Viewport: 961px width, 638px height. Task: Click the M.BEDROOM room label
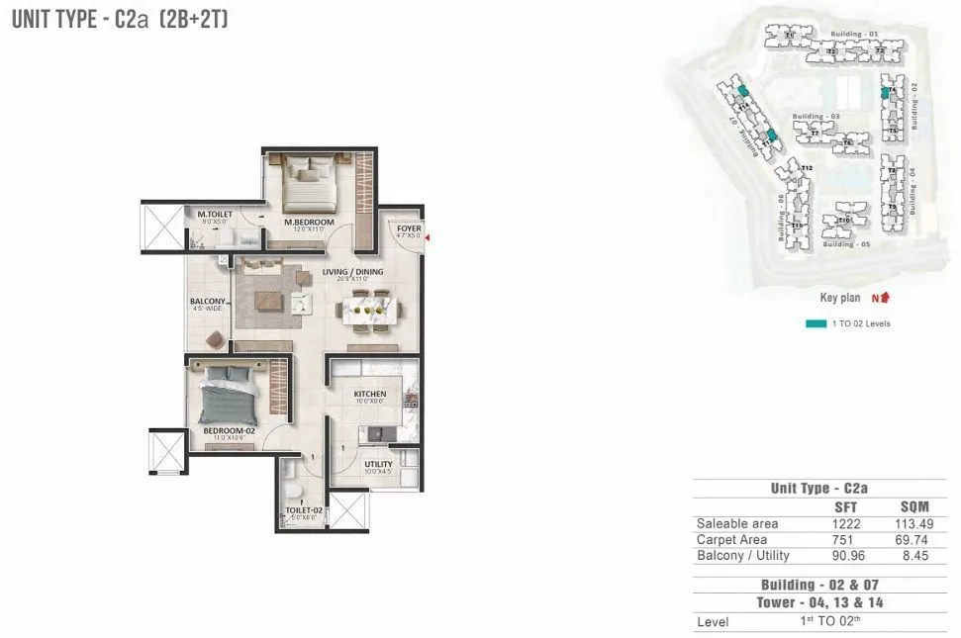(309, 223)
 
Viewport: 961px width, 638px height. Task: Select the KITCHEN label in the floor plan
(370, 395)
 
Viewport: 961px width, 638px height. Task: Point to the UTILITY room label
(378, 464)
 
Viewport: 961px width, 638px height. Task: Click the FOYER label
(410, 228)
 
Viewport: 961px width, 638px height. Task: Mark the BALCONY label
(209, 303)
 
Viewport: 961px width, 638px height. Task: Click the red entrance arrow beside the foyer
(428, 235)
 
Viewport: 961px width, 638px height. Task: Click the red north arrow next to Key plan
(883, 297)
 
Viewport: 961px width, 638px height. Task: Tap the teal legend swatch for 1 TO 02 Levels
(816, 323)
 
